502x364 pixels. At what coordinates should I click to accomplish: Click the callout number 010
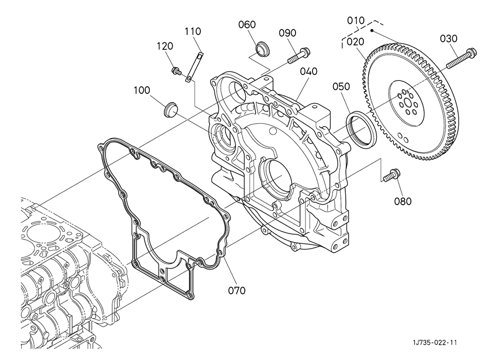[x=356, y=21]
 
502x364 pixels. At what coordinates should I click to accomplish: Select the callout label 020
[x=356, y=41]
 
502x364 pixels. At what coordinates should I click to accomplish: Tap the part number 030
[x=448, y=39]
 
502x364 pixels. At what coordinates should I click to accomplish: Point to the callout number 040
[x=309, y=71]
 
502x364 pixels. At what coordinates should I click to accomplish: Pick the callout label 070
[x=237, y=290]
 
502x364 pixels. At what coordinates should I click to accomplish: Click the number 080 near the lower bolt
[x=403, y=201]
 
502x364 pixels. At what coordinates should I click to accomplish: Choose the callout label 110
[x=193, y=31]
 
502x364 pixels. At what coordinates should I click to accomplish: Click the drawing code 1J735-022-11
[x=434, y=343]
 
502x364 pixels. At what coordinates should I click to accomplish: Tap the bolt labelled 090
[x=299, y=55]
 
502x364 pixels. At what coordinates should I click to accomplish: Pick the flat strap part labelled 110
[x=194, y=67]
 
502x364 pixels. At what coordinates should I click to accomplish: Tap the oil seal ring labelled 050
[x=362, y=128]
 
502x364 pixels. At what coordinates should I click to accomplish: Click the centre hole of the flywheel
[x=407, y=103]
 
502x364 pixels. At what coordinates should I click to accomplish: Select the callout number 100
[x=142, y=91]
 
